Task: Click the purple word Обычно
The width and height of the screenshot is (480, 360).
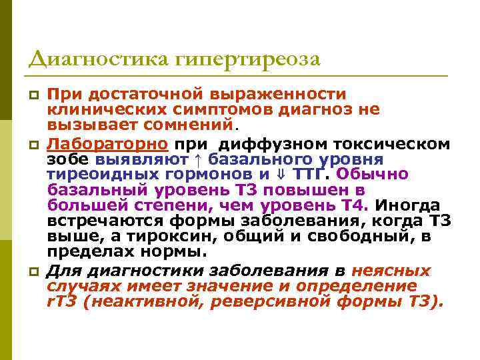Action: pyautogui.click(x=377, y=175)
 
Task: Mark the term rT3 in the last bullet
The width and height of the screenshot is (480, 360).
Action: pyautogui.click(x=62, y=302)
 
